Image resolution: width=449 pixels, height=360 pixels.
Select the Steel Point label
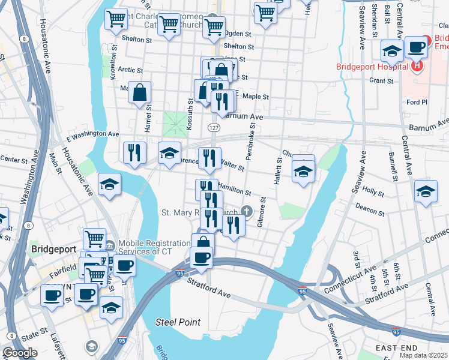click(x=178, y=322)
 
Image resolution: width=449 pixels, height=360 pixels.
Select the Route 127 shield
click(x=214, y=127)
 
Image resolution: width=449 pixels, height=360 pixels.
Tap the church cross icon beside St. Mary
click(x=246, y=211)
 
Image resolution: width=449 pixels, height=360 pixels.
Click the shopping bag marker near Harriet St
click(x=139, y=94)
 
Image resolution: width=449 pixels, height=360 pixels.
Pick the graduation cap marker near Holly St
click(x=426, y=191)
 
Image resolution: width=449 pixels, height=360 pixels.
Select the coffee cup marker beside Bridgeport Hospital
click(x=416, y=47)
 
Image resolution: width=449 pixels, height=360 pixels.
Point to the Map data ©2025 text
click(x=423, y=355)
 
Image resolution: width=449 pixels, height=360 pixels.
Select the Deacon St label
click(x=370, y=211)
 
